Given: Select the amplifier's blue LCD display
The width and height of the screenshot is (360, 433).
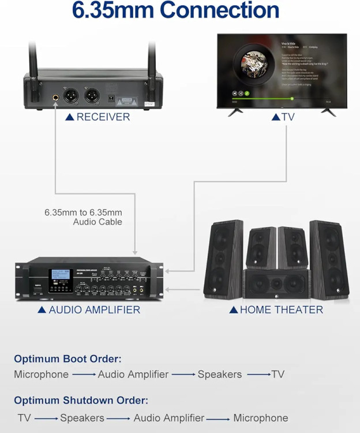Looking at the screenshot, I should pos(61,277).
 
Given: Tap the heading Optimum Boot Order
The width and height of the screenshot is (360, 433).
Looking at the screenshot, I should pos(67,359).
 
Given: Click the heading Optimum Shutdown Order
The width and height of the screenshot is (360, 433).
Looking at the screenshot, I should pos(81,400).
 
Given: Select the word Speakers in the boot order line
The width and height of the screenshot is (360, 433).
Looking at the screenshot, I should pos(220,374).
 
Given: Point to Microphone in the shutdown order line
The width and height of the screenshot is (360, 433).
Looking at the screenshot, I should pos(260,417).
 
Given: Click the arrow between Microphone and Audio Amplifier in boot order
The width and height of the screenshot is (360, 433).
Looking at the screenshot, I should pos(84,375).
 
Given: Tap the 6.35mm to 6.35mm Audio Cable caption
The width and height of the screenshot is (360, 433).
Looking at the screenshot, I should pos(83,217).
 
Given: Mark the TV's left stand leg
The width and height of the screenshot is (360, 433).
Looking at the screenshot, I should pos(235,111).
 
